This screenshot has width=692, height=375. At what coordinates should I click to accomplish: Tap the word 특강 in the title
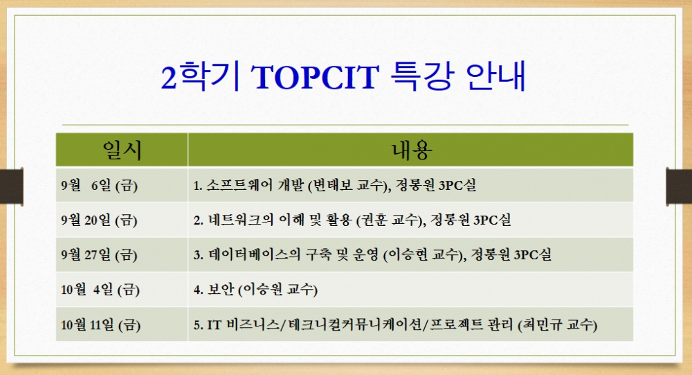[421, 78]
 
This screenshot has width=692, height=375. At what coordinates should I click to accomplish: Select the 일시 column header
[122, 150]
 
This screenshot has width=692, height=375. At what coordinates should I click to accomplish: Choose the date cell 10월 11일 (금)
[99, 324]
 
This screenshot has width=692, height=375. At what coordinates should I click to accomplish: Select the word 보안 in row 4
[221, 289]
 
